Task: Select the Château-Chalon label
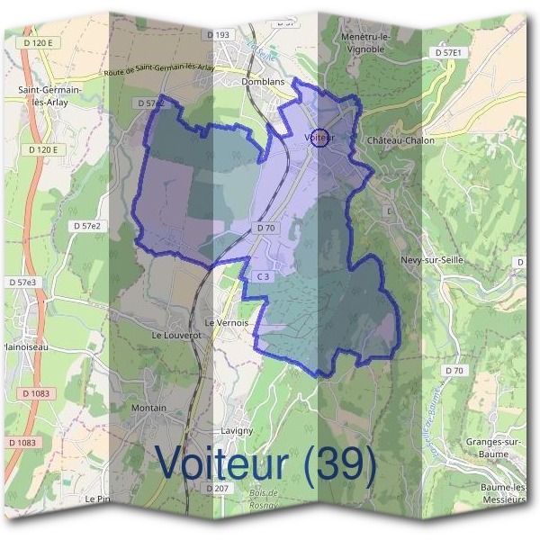click(400, 140)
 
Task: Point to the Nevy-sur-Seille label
click(431, 261)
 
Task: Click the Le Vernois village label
click(226, 322)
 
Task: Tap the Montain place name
click(148, 408)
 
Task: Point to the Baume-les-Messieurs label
click(502, 493)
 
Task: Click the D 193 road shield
click(220, 35)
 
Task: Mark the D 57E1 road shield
click(447, 53)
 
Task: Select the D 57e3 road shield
click(24, 283)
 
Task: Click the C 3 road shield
click(262, 276)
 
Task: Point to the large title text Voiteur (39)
click(265, 463)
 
